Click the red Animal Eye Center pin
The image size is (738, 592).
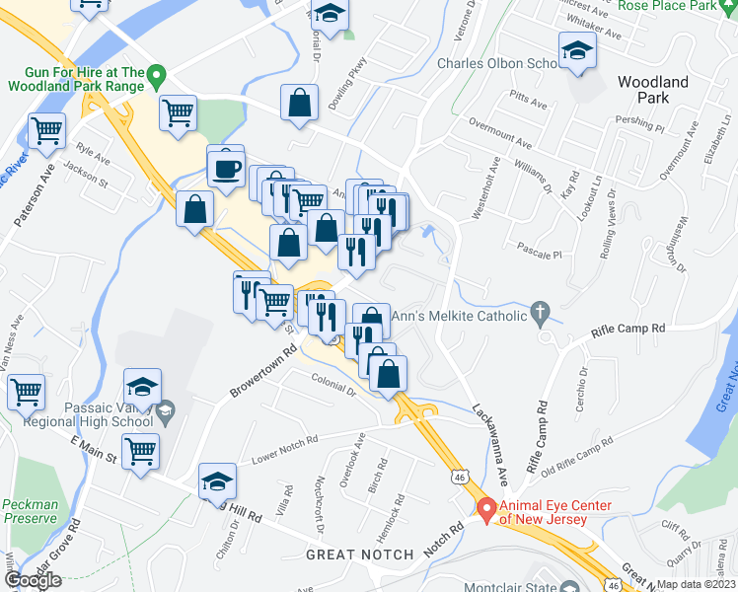484,508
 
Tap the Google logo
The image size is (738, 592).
33,580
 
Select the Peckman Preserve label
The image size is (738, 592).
31,510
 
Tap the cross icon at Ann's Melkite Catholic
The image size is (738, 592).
539,314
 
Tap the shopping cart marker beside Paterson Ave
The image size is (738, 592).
47,132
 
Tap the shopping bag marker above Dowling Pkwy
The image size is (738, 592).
300,104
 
